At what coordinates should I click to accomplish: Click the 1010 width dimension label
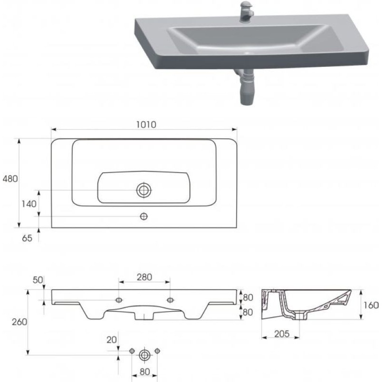pos(146,125)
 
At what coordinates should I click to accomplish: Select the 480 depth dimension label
pos(10,179)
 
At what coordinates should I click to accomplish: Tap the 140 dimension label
pos(29,204)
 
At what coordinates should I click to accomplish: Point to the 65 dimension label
pos(27,238)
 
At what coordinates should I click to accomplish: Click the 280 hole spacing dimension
pos(144,277)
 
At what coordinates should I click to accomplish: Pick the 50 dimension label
pos(38,280)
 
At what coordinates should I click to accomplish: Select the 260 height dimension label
pos(20,322)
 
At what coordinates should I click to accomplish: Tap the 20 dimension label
pos(112,340)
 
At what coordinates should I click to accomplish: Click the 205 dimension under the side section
pos(282,334)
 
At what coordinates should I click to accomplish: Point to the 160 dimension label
pos(371,305)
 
